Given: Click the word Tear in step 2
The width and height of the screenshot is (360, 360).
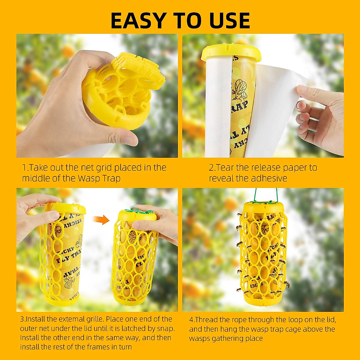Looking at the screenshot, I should pos(226,167).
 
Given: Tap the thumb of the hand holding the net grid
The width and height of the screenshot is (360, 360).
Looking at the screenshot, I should pos(120,139).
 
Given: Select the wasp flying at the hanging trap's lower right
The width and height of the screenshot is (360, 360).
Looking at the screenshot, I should pos(287,283).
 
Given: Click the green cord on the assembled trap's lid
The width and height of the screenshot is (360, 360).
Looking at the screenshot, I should pos(138,212).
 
